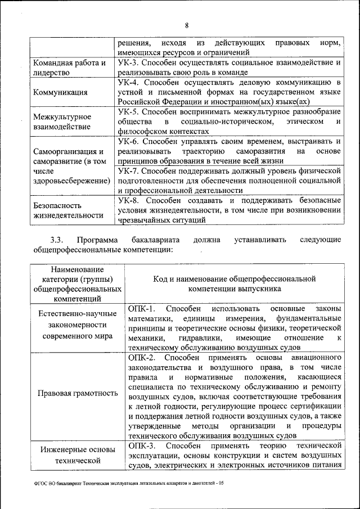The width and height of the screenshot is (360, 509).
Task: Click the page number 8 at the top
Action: click(187, 25)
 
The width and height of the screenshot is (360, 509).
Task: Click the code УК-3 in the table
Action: click(130, 63)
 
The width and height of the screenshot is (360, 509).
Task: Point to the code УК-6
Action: click(130, 141)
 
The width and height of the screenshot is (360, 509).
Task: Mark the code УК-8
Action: click(130, 200)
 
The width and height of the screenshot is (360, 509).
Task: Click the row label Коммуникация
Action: click(60, 93)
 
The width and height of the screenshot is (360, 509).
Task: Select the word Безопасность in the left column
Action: click(57, 205)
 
